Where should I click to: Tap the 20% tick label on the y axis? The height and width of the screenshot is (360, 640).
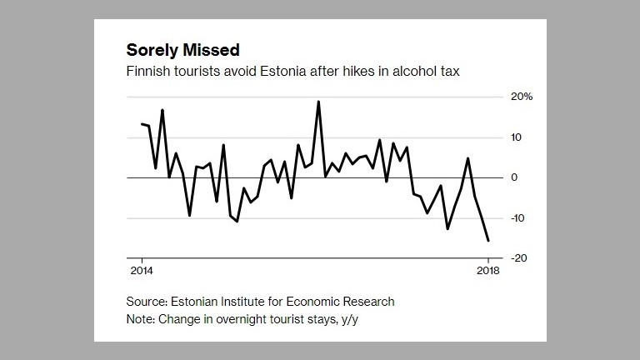(522, 97)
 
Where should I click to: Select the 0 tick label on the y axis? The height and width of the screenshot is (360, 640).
(515, 177)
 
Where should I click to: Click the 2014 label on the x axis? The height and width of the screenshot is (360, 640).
(141, 272)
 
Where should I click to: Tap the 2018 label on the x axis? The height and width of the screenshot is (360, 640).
(488, 272)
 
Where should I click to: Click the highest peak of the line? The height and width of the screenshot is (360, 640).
(318, 102)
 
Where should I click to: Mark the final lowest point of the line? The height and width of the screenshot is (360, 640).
(488, 241)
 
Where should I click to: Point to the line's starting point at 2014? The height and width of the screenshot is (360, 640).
(142, 124)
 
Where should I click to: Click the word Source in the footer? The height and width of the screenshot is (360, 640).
(145, 301)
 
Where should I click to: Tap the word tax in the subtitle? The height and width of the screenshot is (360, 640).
(450, 72)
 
